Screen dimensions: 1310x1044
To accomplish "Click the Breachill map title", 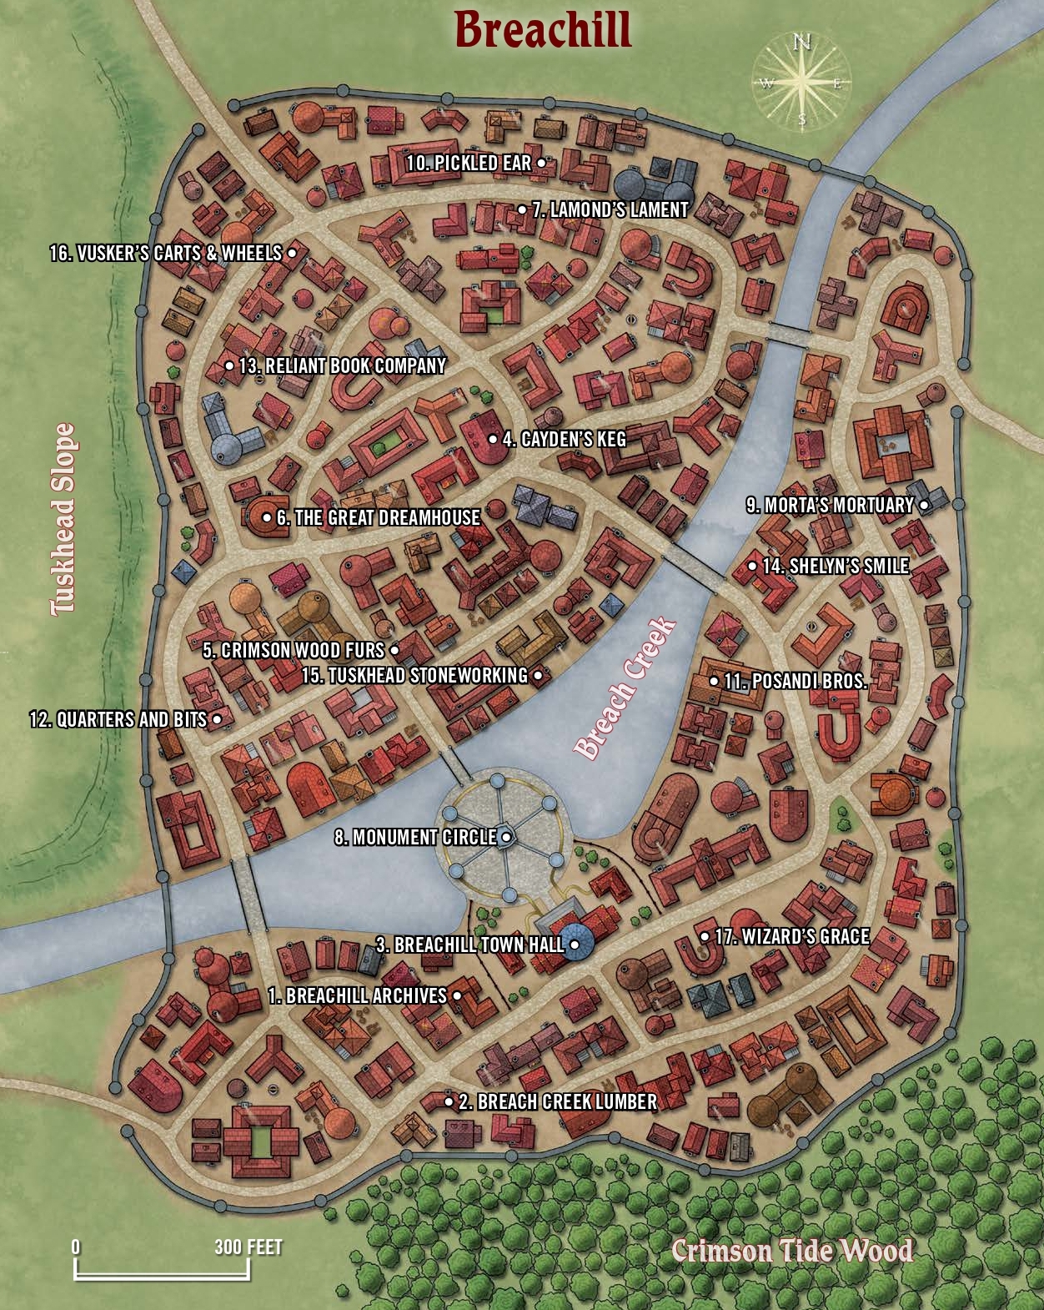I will click(543, 31).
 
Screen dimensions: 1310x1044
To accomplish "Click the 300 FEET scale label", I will click(248, 1247).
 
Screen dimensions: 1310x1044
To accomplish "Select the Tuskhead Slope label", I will click(63, 519).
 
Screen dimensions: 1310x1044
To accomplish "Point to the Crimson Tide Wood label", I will click(791, 1251).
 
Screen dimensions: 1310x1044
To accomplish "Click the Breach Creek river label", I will click(625, 688).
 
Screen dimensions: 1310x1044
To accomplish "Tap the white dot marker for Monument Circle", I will click(505, 837).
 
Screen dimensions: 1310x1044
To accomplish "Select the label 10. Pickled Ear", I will click(469, 164).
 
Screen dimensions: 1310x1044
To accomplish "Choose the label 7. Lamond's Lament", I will click(610, 210).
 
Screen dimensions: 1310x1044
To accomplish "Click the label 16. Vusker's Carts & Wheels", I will click(166, 253).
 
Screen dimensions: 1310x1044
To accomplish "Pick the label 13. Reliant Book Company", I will click(342, 365).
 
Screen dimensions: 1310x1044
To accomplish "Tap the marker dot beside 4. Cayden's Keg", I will click(493, 439).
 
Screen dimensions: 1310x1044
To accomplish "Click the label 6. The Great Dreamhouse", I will click(378, 517).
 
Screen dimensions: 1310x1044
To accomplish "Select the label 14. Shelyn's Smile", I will click(835, 566).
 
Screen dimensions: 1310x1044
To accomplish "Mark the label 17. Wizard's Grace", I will click(791, 937).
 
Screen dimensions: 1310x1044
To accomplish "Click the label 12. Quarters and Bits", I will click(118, 719).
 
